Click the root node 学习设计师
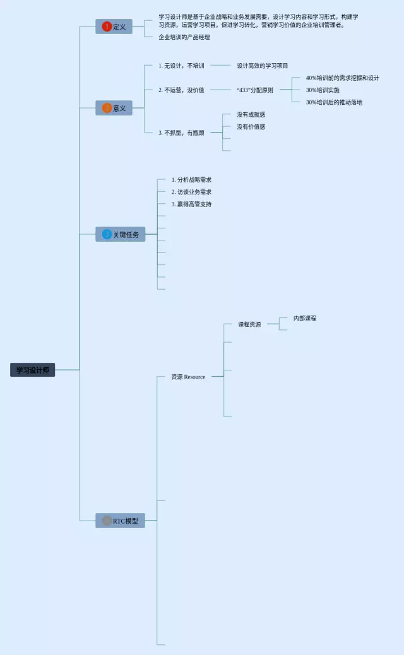tap(32, 370)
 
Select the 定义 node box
tap(114, 27)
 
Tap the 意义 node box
tap(114, 108)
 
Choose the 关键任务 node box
tap(120, 234)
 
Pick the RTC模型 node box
tap(120, 521)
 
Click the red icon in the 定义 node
tap(106, 27)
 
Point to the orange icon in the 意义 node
tap(106, 108)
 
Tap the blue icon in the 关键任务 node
tap(107, 234)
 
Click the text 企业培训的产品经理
tap(184, 37)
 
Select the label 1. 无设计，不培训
tap(181, 65)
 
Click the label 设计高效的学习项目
tap(262, 65)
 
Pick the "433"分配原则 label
tap(255, 90)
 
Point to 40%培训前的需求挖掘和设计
tap(342, 78)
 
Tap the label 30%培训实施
tap(322, 90)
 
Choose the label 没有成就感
tap(251, 114)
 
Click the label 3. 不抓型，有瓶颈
tap(181, 133)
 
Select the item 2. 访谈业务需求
tap(191, 192)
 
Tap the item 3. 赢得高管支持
tap(191, 204)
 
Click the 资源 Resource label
tap(188, 377)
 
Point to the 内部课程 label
tap(305, 318)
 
